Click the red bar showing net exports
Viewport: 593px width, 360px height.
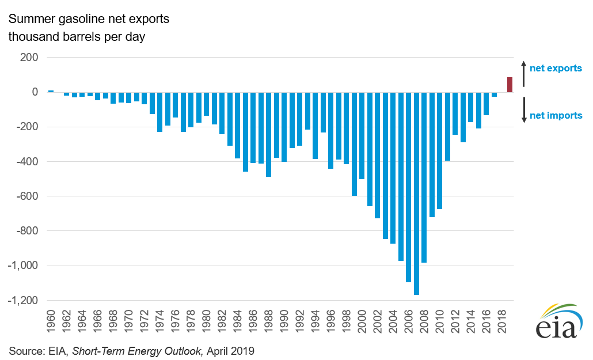pyautogui.click(x=510, y=85)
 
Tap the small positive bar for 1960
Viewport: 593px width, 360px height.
pyautogui.click(x=51, y=91)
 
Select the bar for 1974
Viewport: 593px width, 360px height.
pyautogui.click(x=159, y=112)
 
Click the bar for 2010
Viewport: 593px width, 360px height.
pyautogui.click(x=439, y=150)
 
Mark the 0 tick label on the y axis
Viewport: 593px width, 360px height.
pyautogui.click(x=35, y=92)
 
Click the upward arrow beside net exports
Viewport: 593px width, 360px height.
pyautogui.click(x=524, y=73)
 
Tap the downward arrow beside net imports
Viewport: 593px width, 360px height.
pyautogui.click(x=524, y=109)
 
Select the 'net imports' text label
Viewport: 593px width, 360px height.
pyautogui.click(x=556, y=116)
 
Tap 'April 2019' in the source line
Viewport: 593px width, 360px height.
pyautogui.click(x=230, y=350)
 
